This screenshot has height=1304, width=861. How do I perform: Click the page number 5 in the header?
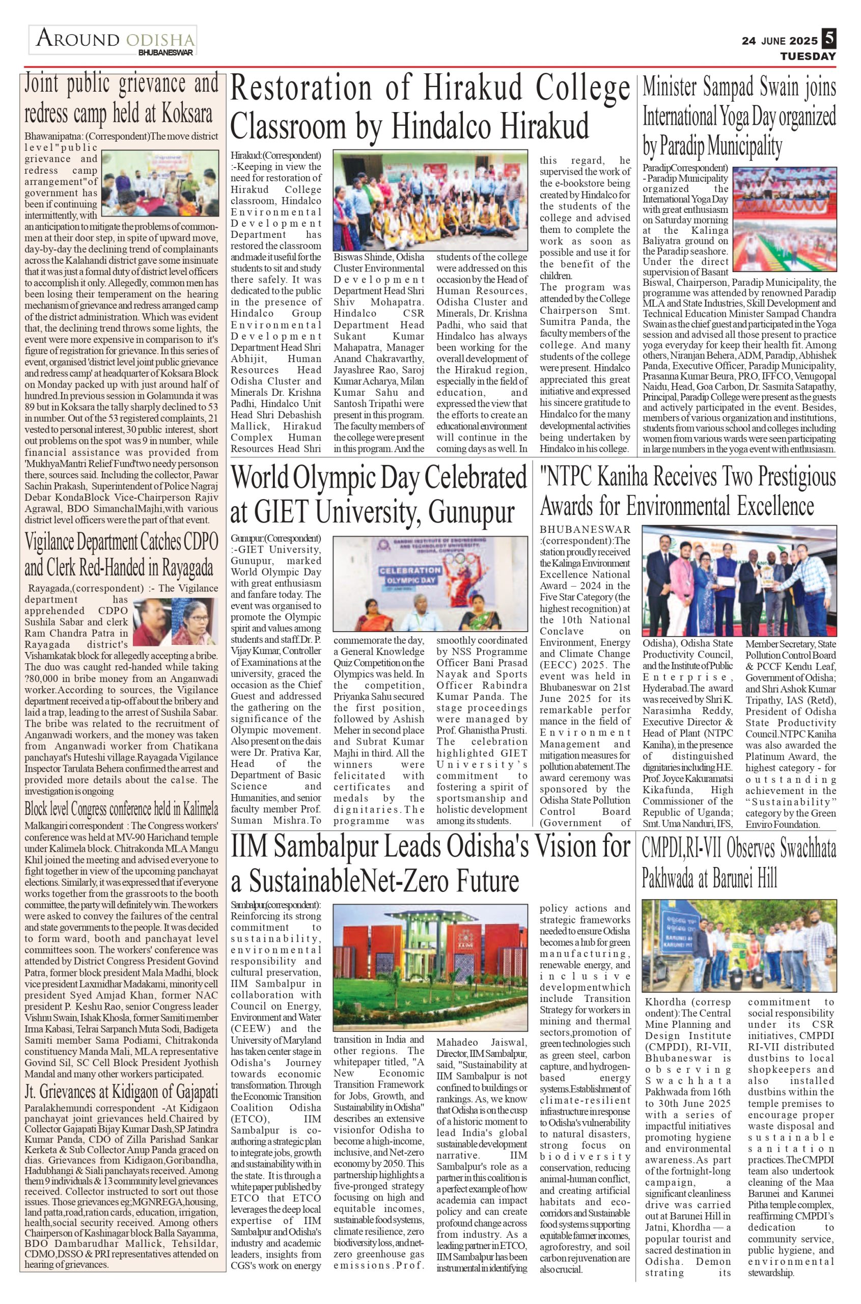pyautogui.click(x=828, y=39)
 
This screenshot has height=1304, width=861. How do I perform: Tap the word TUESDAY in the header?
pyautogui.click(x=808, y=56)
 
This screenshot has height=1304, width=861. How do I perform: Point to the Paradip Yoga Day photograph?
pyautogui.click(x=785, y=218)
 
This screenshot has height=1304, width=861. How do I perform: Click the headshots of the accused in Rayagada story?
pyautogui.click(x=175, y=621)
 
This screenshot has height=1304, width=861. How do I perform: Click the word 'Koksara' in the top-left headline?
pyautogui.click(x=187, y=114)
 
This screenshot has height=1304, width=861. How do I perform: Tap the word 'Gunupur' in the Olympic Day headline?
pyautogui.click(x=471, y=512)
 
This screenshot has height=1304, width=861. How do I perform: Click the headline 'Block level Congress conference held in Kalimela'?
pyautogui.click(x=121, y=809)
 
